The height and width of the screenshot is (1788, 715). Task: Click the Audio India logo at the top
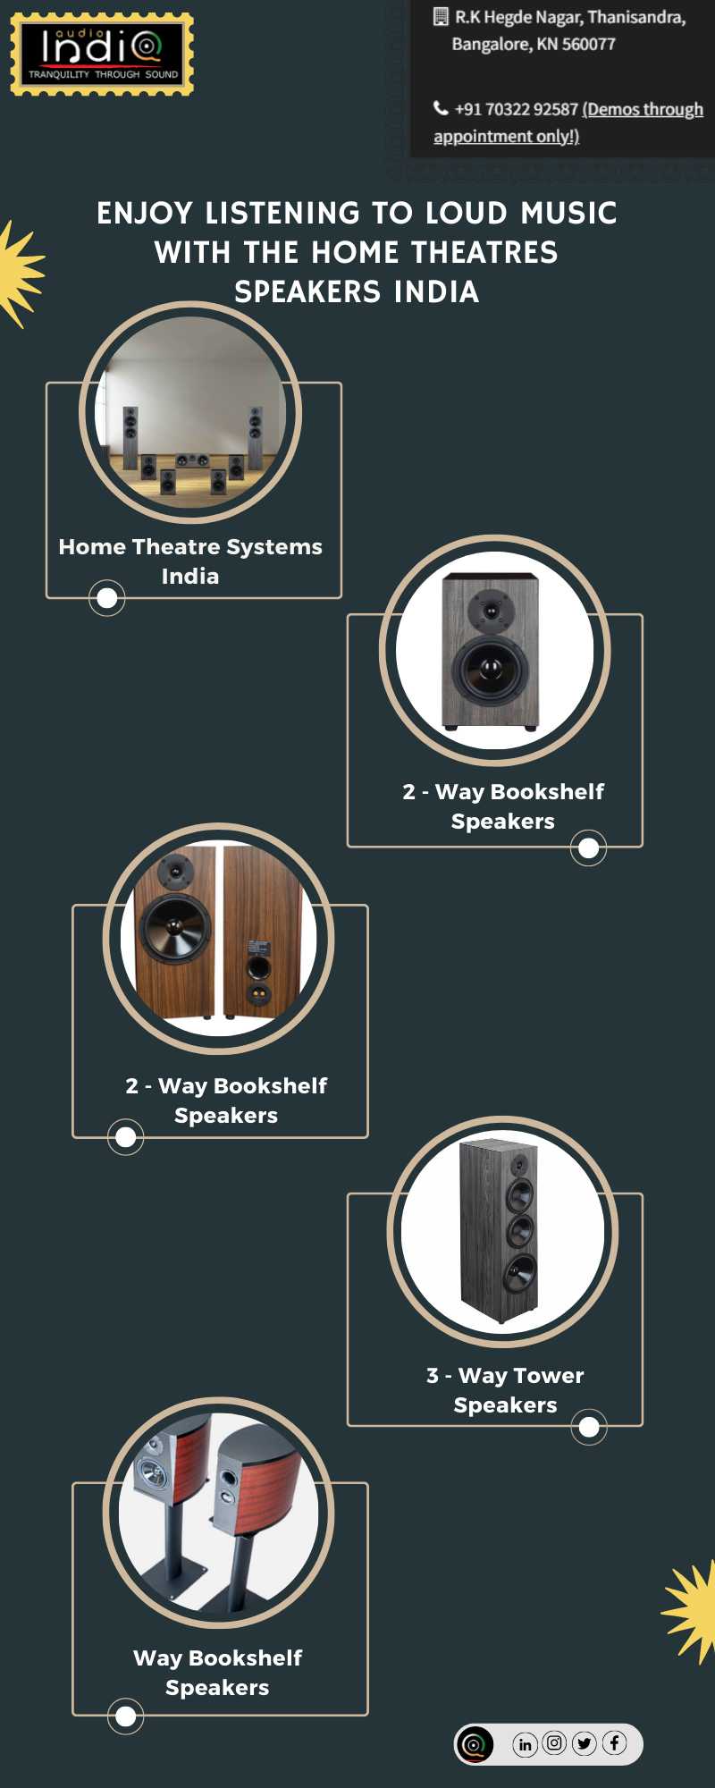pos(102,54)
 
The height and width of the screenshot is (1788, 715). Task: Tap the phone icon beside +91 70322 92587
pos(441,108)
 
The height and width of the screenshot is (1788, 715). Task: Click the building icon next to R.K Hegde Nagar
pos(441,16)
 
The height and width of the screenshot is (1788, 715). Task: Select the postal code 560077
pos(588,44)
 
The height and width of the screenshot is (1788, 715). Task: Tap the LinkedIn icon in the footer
pos(525,1744)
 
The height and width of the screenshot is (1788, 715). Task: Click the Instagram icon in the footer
pos(554,1743)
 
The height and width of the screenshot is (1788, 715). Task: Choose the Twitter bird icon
pos(585,1743)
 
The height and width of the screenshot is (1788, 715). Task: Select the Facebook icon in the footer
pos(614,1743)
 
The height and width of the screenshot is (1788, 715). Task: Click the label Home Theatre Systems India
pos(190,561)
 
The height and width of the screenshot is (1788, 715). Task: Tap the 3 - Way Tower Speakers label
pos(505,1389)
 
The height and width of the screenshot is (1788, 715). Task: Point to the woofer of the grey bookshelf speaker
pos(490,669)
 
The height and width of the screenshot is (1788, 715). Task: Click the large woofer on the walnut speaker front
pos(175,929)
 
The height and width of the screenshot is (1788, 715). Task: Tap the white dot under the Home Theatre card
pos(106,598)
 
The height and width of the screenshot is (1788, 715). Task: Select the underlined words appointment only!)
pos(506,136)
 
